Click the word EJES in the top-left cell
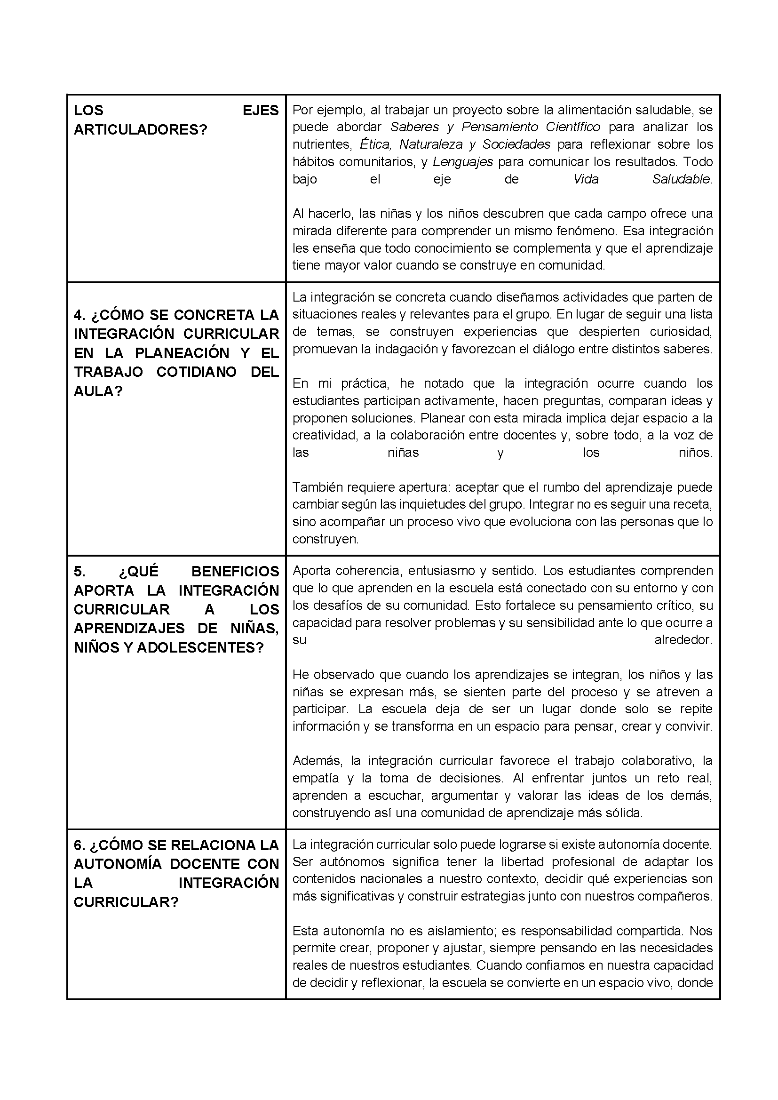(260, 111)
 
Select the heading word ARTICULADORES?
(140, 130)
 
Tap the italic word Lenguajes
(462, 162)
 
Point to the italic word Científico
(573, 128)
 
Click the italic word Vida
(586, 179)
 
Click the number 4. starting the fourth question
(79, 315)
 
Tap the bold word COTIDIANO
(197, 372)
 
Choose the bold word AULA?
(98, 391)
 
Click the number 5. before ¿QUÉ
(79, 572)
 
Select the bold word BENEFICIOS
(235, 572)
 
